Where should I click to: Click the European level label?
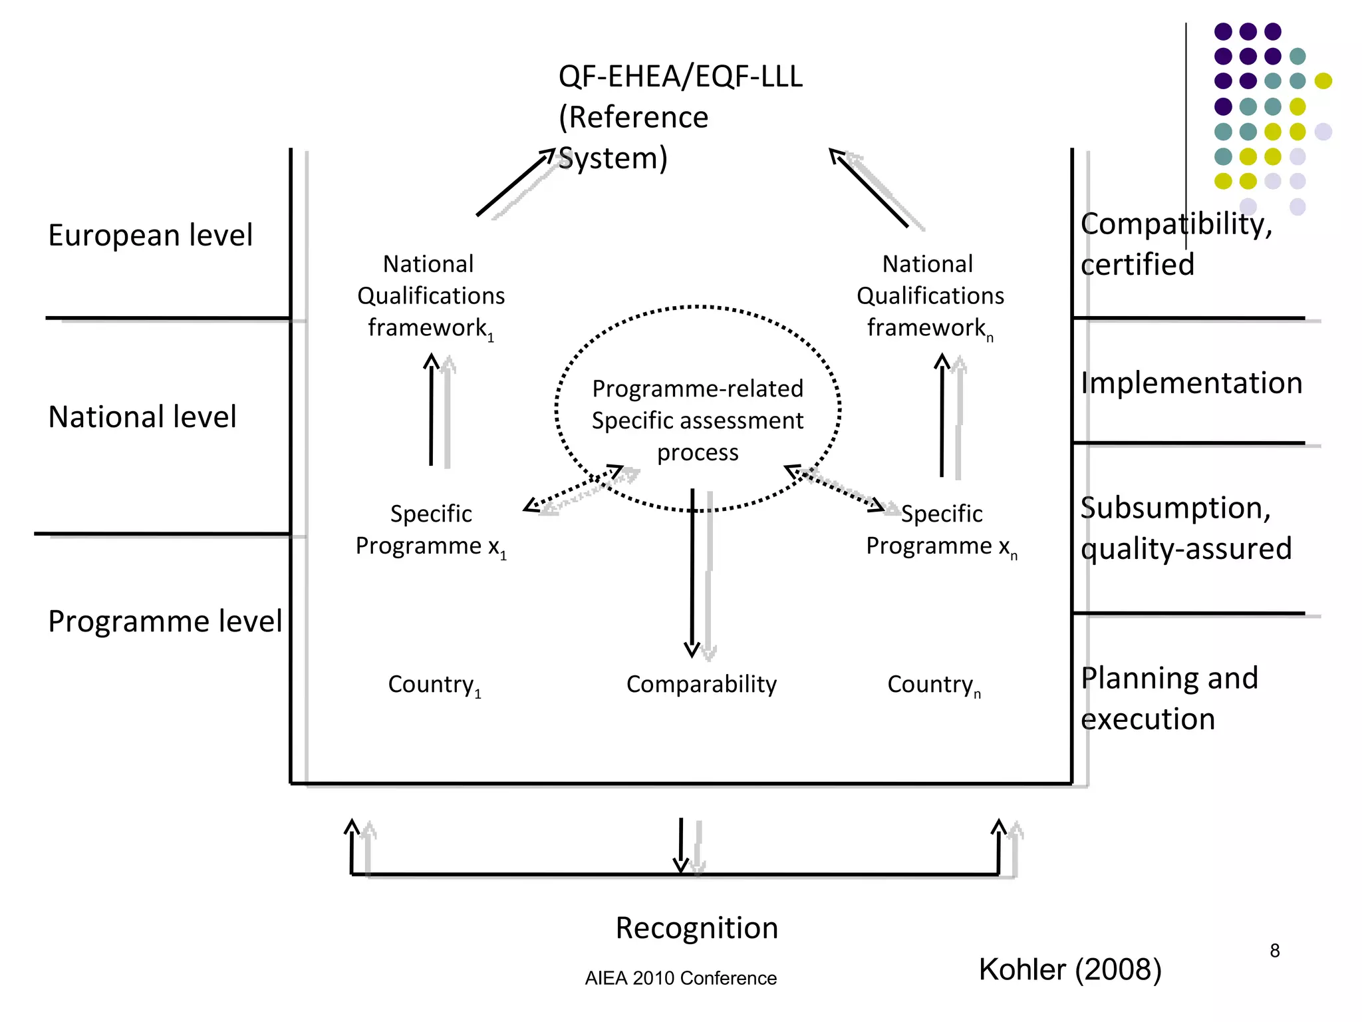tap(150, 236)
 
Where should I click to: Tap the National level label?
tap(142, 417)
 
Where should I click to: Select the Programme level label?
tap(165, 621)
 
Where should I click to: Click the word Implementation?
tap(1191, 383)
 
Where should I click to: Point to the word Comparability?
tap(702, 684)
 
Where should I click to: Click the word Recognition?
tap(696, 928)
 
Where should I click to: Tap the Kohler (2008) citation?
tap(1070, 969)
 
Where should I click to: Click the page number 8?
tap(1274, 951)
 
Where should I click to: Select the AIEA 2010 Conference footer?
tap(680, 978)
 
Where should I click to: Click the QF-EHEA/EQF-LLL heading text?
tap(680, 77)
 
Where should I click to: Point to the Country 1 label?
tap(434, 685)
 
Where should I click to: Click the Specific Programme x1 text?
tap(431, 530)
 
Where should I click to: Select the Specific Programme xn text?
tap(941, 530)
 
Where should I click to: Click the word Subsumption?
tap(1175, 508)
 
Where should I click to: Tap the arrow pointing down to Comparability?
tap(692, 572)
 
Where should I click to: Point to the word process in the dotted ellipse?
tap(698, 453)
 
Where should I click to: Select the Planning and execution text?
tap(1168, 699)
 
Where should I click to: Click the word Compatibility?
tap(1176, 224)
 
